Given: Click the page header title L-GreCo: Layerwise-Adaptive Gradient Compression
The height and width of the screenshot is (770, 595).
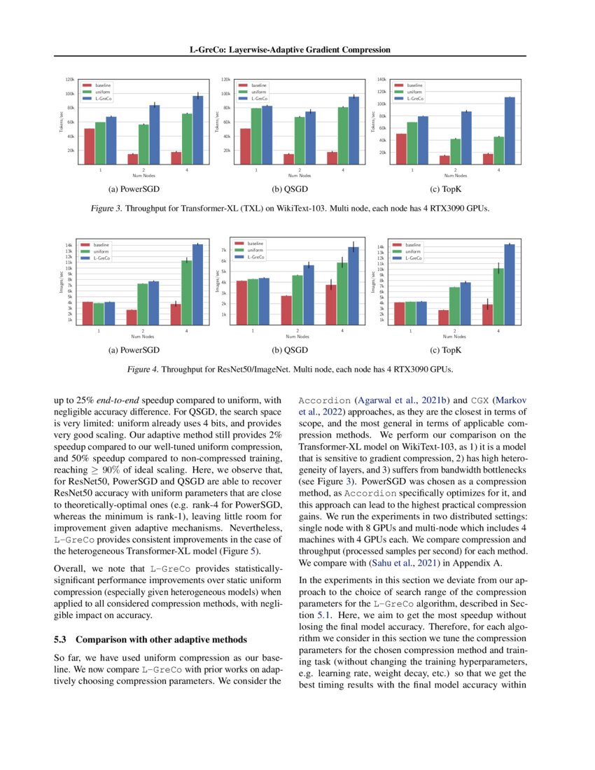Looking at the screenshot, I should tap(290, 50).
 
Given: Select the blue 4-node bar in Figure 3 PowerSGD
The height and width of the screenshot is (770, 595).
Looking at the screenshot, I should tap(197, 129).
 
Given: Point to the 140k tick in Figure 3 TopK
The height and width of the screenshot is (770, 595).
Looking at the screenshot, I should tap(381, 79).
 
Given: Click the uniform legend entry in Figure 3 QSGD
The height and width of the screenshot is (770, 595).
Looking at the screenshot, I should tap(259, 91).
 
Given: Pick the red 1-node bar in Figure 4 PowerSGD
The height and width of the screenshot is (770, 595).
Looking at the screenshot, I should tap(88, 313).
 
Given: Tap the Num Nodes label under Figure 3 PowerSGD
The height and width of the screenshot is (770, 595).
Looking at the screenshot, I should tap(143, 175).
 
